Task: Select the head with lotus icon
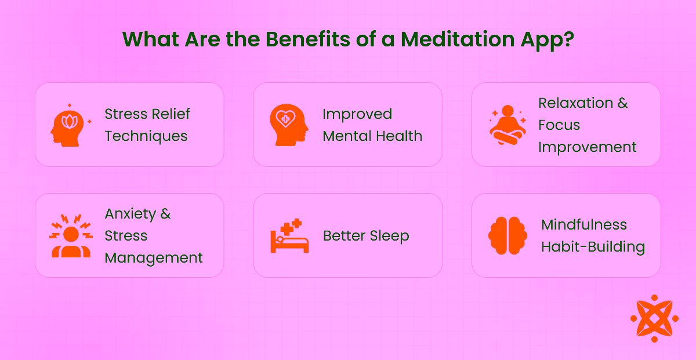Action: [68, 125]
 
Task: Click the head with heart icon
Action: [287, 125]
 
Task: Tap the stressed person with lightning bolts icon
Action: [71, 235]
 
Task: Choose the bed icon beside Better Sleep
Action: [289, 235]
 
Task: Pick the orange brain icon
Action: [507, 235]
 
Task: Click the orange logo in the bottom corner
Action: [654, 318]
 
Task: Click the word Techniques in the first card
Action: [146, 136]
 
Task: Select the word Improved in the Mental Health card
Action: [357, 114]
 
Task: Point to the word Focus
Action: [559, 125]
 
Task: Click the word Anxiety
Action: [130, 214]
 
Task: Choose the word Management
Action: [154, 258]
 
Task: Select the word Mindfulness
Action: [584, 225]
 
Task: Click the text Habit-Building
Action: [593, 247]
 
